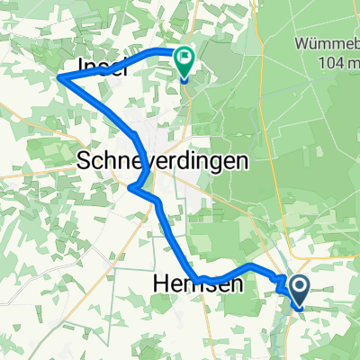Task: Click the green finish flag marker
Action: coord(184,61)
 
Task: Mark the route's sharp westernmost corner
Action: coord(59,78)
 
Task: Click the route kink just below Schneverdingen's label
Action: coord(131,188)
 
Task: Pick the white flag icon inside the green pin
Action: coord(184,59)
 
